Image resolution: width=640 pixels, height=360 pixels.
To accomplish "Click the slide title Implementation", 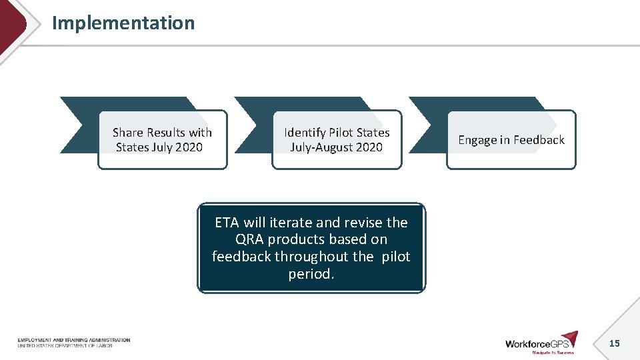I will click(x=123, y=23).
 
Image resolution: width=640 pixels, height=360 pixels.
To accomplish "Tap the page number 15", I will click(x=614, y=343).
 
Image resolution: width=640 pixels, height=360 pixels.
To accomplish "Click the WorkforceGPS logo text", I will click(x=532, y=343).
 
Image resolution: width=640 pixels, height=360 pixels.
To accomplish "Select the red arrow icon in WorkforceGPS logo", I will click(x=569, y=338).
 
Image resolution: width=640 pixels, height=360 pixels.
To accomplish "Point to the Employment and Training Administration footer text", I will click(x=74, y=340).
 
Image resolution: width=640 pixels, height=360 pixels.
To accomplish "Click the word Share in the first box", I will click(x=128, y=133).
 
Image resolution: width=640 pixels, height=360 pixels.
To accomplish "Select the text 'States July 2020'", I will click(x=159, y=147).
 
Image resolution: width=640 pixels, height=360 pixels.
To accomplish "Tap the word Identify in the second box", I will click(x=305, y=133).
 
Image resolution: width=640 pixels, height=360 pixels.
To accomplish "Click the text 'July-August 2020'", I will click(x=336, y=147).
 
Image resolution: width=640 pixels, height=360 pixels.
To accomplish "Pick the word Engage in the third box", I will click(x=477, y=140).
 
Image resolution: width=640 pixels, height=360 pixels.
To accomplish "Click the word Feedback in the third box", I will click(x=539, y=140).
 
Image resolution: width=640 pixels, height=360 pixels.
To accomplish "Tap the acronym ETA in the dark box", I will click(x=227, y=223).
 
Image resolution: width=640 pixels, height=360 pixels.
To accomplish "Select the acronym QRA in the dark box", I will click(x=250, y=239).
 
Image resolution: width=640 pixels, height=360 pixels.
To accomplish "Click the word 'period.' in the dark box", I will click(x=311, y=274).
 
